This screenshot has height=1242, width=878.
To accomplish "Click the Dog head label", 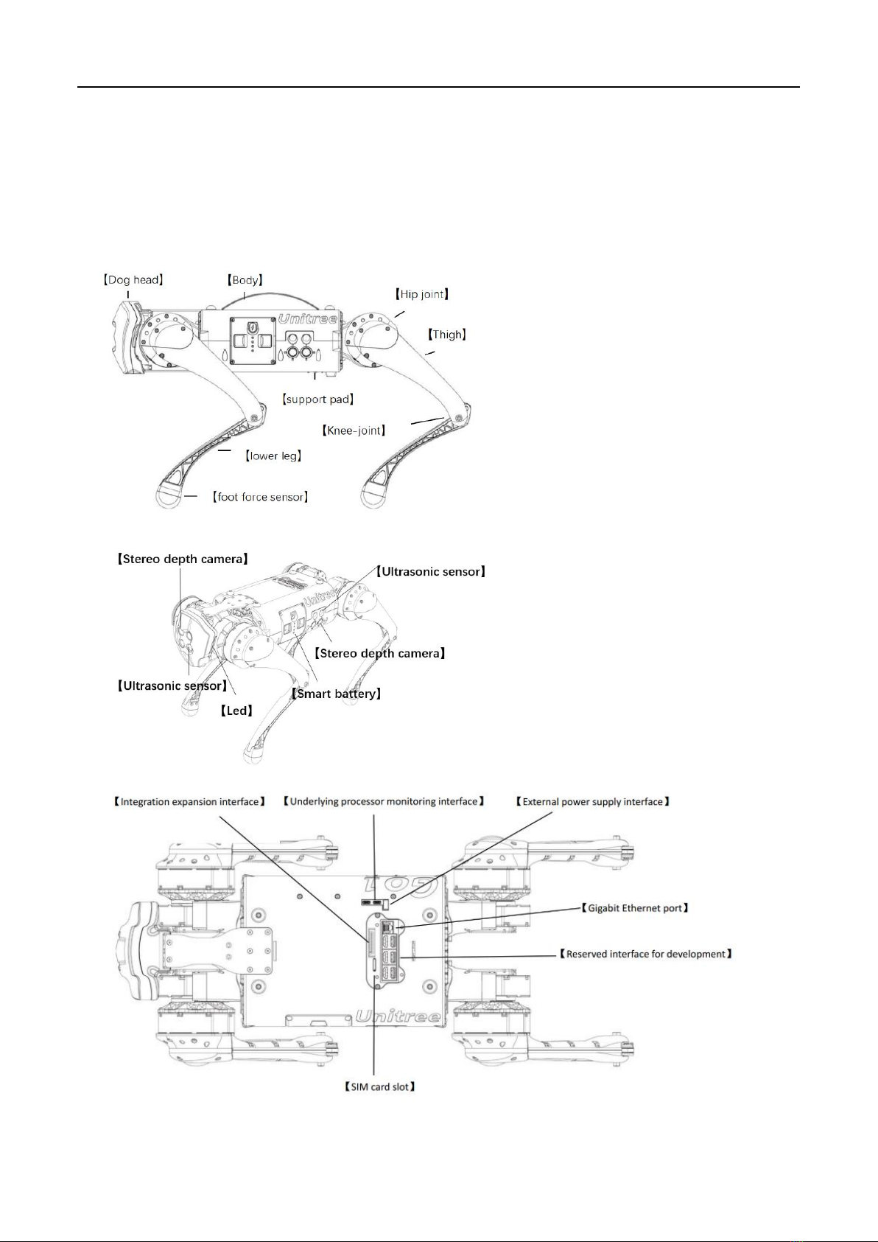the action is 133,280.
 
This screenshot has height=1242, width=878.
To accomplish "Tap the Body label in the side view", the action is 245,280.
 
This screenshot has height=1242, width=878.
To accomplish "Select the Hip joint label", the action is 421,294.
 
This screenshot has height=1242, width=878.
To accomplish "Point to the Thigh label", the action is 446,335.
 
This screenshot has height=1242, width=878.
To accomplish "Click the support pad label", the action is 317,400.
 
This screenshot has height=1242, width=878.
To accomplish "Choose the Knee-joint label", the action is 354,430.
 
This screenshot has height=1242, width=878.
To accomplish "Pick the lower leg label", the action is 273,456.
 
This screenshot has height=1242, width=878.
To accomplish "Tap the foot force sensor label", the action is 260,497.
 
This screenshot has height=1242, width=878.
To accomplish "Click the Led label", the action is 236,711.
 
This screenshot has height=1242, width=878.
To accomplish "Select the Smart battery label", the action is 336,694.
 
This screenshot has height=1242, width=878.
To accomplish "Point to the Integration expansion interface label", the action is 189,802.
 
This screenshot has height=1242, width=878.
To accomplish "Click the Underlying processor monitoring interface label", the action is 384,802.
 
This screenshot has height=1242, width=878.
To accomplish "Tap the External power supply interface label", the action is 593,802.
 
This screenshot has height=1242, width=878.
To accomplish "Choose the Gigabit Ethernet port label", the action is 635,908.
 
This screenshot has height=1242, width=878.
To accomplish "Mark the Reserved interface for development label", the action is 645,955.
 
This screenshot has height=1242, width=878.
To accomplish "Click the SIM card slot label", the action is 380,1086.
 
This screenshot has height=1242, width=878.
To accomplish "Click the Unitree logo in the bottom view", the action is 398,1016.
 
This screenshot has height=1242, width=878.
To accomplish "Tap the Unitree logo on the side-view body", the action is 308,319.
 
